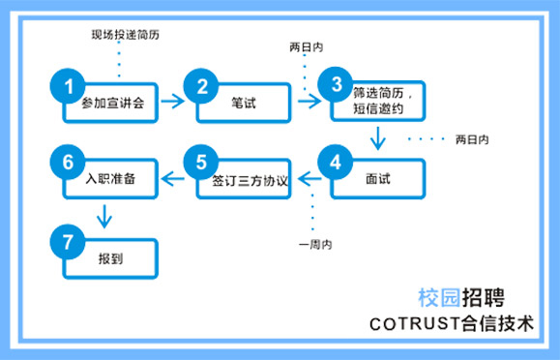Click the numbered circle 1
(x=69, y=86)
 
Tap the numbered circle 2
(x=202, y=86)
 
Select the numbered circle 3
(x=337, y=84)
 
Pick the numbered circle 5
(x=201, y=163)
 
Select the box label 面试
(x=378, y=181)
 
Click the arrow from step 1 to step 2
(x=170, y=99)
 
